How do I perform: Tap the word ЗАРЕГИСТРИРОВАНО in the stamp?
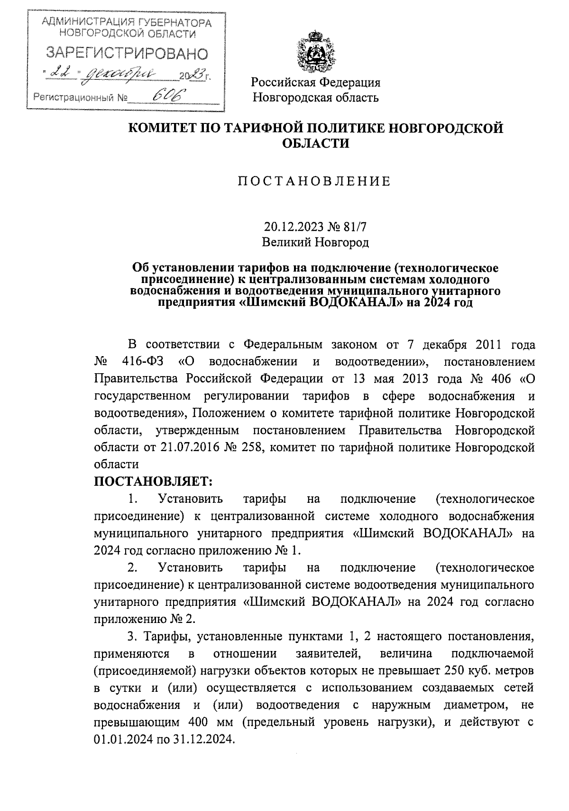point(127,54)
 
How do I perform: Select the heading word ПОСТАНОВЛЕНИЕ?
point(314,181)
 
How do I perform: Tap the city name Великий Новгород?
point(316,243)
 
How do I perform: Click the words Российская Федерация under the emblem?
point(316,83)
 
